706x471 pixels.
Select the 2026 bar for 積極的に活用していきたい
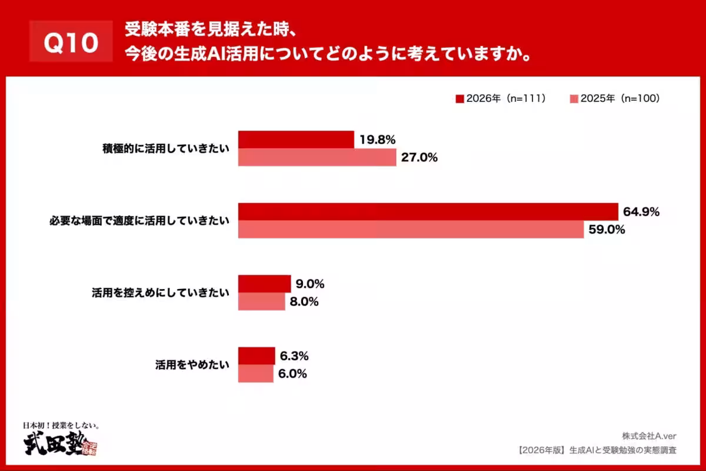[296, 140]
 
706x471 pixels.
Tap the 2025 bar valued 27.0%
[317, 157]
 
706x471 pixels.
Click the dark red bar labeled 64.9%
[428, 212]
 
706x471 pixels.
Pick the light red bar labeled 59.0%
[411, 229]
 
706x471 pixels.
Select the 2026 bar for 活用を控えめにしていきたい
[264, 284]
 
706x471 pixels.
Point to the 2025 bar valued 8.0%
[261, 301]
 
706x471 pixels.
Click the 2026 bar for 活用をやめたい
[257, 356]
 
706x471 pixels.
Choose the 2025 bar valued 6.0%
[255, 373]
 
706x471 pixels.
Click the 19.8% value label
[377, 140]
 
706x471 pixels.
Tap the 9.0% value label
[311, 284]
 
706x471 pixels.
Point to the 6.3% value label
[295, 356]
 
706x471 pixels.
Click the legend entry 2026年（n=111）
[502, 99]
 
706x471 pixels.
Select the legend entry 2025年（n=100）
[615, 99]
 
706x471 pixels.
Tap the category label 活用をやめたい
[191, 365]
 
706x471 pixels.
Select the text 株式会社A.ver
[649, 436]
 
